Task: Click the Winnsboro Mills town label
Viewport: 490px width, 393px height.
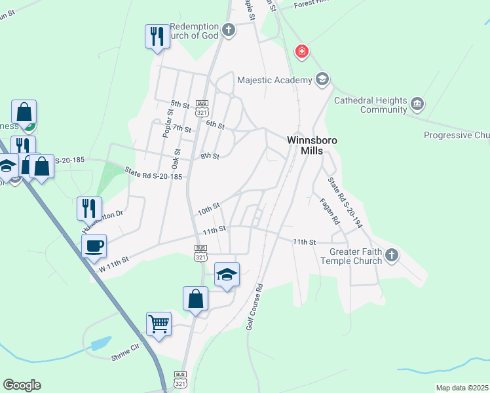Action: coord(307,145)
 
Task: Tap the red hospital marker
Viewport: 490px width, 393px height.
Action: coord(301,51)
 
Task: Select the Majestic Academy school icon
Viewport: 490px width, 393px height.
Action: coord(322,80)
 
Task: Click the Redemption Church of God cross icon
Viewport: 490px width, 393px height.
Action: coord(228,29)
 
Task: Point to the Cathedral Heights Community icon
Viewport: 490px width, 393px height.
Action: coord(417,103)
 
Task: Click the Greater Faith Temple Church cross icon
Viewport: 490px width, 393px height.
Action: coord(392,255)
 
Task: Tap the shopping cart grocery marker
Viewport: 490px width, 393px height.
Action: coord(159,324)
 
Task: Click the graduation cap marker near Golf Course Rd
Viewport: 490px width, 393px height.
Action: coord(227,274)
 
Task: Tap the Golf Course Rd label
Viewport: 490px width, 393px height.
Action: coord(254,307)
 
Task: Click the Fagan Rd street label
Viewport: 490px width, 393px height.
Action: coord(328,212)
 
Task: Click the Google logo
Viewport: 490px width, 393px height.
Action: coord(22,385)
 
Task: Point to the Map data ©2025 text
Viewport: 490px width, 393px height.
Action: coord(461,388)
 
